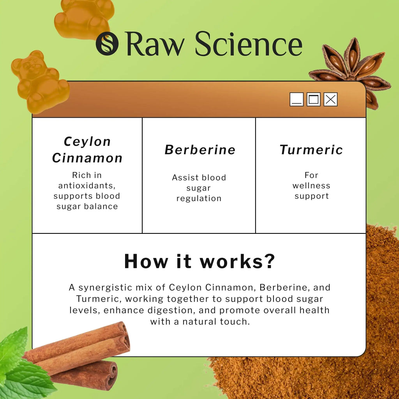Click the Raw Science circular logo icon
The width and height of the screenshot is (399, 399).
(x=107, y=44)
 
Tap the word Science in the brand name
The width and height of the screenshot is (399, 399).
(x=249, y=44)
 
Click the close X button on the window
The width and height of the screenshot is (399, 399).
(x=330, y=99)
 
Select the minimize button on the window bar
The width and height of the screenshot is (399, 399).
(x=297, y=99)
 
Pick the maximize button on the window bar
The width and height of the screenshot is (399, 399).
(x=314, y=99)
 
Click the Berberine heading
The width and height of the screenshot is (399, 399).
(x=200, y=150)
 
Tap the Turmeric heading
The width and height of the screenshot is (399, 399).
(x=311, y=150)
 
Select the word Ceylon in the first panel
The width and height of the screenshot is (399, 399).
(x=87, y=142)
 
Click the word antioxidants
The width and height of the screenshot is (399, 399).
(x=87, y=185)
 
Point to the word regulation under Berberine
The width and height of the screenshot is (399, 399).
(x=199, y=199)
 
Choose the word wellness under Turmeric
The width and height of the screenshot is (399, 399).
(x=311, y=185)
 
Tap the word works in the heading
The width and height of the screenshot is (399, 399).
(x=231, y=261)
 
